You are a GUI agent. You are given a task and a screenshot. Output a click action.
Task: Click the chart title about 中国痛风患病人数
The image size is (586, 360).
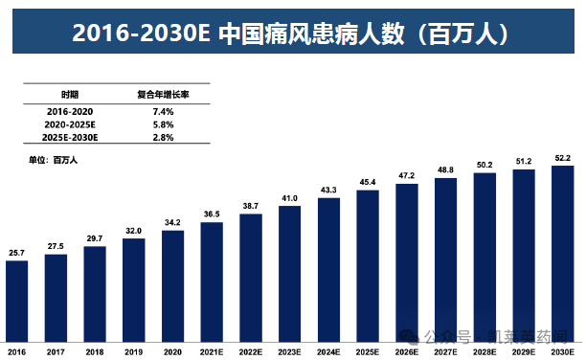(292, 33)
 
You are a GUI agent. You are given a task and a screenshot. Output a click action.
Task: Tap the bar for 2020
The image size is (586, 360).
(172, 284)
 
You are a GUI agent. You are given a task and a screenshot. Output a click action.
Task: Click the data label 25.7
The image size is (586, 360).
(16, 253)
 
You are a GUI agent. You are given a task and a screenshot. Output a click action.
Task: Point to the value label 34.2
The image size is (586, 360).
(172, 223)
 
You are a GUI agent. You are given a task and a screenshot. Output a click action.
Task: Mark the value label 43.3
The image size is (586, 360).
(328, 191)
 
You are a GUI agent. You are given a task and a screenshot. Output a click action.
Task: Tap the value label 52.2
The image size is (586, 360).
(563, 158)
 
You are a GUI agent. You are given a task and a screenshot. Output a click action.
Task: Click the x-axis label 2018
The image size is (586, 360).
(94, 351)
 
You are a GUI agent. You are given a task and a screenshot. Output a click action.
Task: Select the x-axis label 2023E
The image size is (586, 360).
(289, 351)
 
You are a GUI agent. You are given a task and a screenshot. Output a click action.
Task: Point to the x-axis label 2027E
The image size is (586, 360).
(445, 351)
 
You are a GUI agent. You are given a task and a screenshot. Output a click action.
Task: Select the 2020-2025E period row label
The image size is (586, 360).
(70, 125)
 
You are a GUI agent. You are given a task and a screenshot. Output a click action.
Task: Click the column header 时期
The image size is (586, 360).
(70, 96)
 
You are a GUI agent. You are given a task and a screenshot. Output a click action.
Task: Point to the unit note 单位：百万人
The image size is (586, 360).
(53, 160)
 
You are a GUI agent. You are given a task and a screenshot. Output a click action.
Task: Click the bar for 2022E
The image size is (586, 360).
(251, 277)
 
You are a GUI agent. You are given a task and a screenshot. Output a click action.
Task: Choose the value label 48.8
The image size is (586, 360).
(445, 170)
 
